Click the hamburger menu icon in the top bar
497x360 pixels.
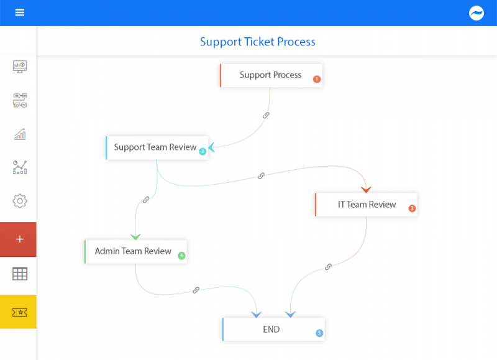tap(20, 12)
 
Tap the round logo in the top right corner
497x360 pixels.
tap(476, 13)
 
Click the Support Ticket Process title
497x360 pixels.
tap(257, 42)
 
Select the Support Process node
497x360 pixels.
tap(270, 75)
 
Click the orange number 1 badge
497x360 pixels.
tap(316, 79)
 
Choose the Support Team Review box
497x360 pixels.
tap(155, 147)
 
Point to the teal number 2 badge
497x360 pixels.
tap(202, 151)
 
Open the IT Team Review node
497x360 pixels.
tap(366, 205)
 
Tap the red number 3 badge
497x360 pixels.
tap(412, 208)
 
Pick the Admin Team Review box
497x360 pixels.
tap(133, 252)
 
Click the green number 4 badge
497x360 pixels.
tap(181, 256)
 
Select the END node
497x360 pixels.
tap(271, 330)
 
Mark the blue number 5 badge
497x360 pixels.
tap(319, 333)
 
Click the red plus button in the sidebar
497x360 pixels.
tap(19, 239)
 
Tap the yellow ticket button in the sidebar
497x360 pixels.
tap(19, 312)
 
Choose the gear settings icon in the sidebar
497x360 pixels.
tap(20, 201)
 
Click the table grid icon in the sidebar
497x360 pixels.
tap(20, 274)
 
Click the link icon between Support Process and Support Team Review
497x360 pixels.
tap(266, 116)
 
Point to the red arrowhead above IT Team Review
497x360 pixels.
tap(366, 189)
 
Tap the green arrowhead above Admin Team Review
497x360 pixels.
tap(135, 236)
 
